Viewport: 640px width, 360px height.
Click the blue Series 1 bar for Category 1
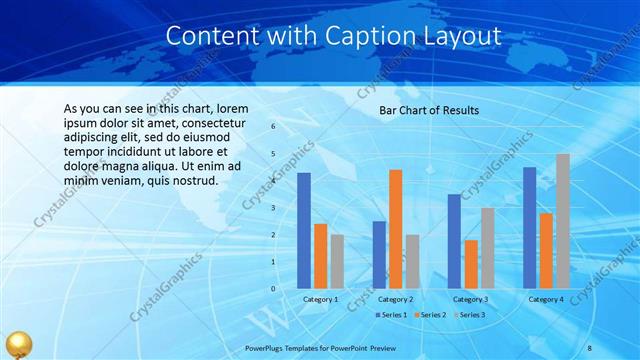pyautogui.click(x=304, y=230)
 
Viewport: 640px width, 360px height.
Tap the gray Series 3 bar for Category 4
pyautogui.click(x=563, y=221)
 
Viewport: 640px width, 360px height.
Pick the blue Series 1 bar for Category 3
pyautogui.click(x=454, y=241)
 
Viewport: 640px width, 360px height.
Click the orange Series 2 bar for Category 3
pyautogui.click(x=470, y=264)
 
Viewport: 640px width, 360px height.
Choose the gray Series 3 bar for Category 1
pyautogui.click(x=337, y=261)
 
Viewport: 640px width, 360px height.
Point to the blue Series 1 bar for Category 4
pyautogui.click(x=529, y=227)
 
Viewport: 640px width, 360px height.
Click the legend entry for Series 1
pyautogui.click(x=393, y=315)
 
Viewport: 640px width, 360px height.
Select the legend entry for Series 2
pyautogui.click(x=430, y=315)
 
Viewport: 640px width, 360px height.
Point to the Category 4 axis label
pyautogui.click(x=545, y=299)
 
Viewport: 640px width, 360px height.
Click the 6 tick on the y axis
pyautogui.click(x=273, y=127)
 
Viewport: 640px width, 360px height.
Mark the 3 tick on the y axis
pyautogui.click(x=273, y=208)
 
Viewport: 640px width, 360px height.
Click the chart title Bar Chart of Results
pyautogui.click(x=429, y=110)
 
